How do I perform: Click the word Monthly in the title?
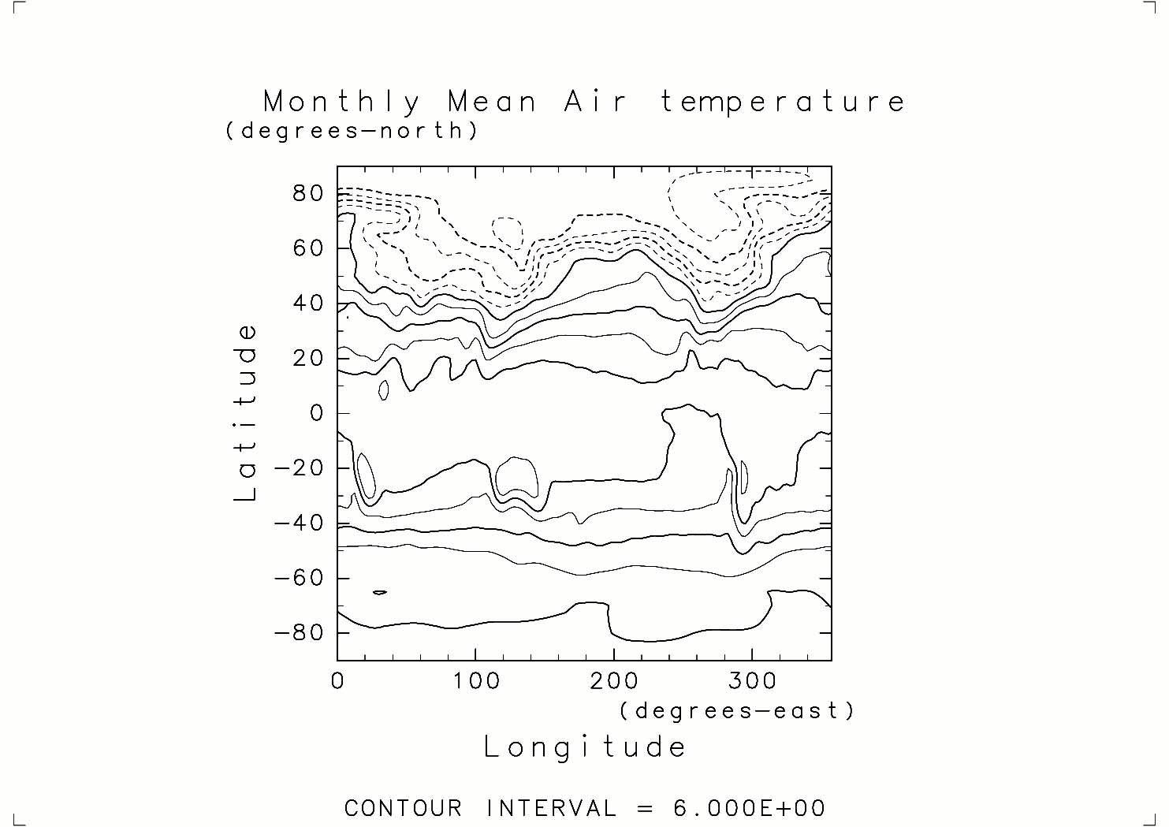(x=341, y=102)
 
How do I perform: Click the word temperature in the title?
(x=783, y=102)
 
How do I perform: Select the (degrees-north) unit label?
(x=352, y=131)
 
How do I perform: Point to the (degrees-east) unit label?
(x=737, y=711)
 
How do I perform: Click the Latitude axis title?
(x=247, y=412)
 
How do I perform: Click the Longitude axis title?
(x=585, y=747)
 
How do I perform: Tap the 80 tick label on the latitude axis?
(x=309, y=193)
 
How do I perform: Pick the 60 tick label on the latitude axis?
(x=309, y=248)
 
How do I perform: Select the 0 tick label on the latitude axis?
(x=317, y=413)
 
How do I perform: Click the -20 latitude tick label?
(x=300, y=468)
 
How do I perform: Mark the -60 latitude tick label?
(x=300, y=578)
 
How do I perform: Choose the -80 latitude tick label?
(x=300, y=633)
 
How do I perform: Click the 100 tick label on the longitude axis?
(x=475, y=681)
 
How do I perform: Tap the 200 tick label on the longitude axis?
(x=613, y=681)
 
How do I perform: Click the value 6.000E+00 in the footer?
(x=749, y=809)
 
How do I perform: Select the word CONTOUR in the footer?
(x=404, y=809)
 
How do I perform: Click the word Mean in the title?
(x=493, y=102)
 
